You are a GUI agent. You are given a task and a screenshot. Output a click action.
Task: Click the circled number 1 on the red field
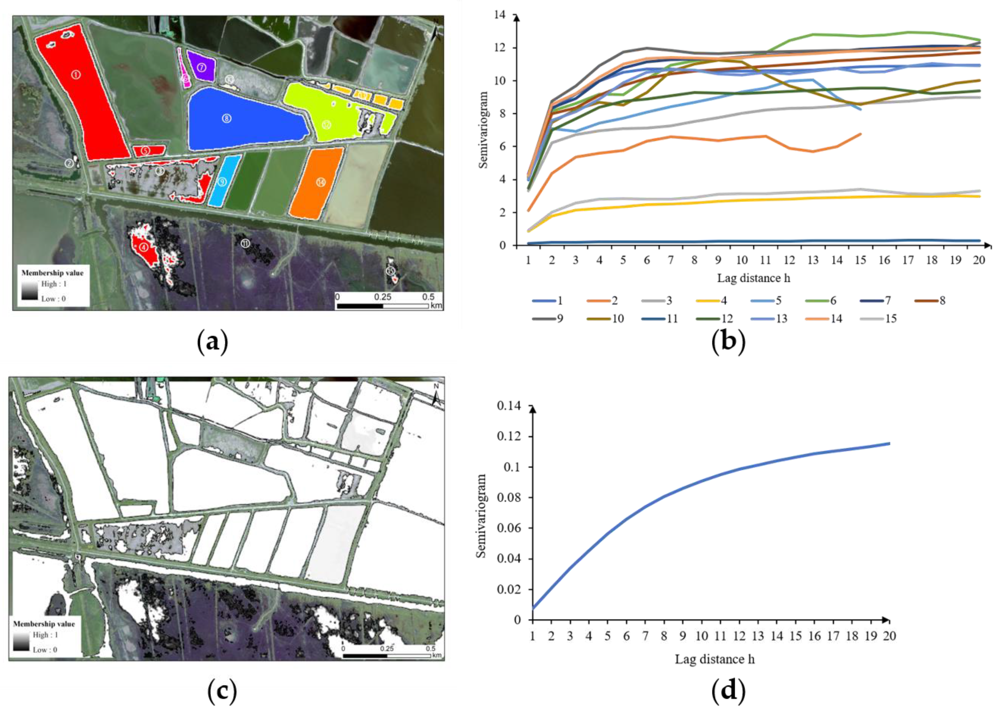point(76,75)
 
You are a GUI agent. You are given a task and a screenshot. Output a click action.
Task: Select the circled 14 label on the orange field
point(321,182)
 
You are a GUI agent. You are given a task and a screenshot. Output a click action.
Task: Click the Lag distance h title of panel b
point(753,278)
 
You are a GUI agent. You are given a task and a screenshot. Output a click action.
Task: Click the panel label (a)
point(212,341)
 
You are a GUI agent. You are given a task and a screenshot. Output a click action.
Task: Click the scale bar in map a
point(382,306)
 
